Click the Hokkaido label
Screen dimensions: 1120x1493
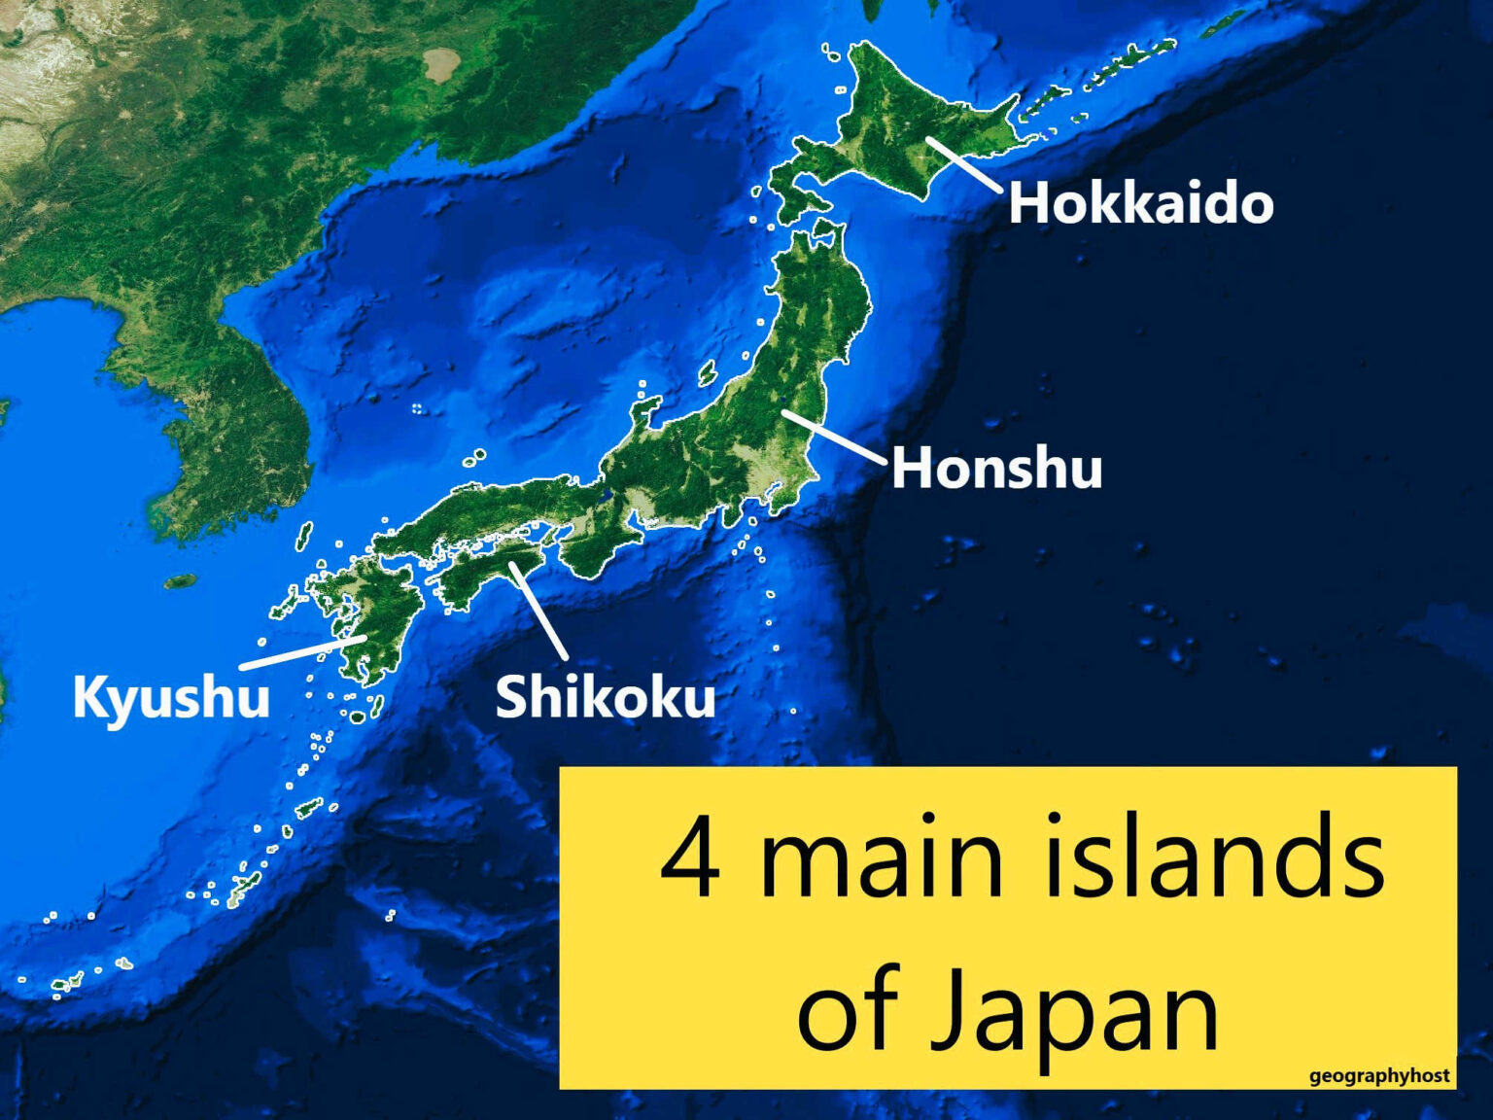tap(1140, 204)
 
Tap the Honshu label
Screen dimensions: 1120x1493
tap(996, 468)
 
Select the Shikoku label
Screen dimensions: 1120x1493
tap(605, 697)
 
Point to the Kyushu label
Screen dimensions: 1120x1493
tap(171, 697)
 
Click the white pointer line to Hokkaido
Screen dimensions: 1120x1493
tap(962, 163)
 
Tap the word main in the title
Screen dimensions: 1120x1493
tap(880, 859)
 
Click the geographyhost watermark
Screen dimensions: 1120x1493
tap(1378, 1075)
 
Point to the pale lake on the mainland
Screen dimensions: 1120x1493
tap(440, 65)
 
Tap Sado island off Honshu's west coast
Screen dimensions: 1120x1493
tap(708, 372)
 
